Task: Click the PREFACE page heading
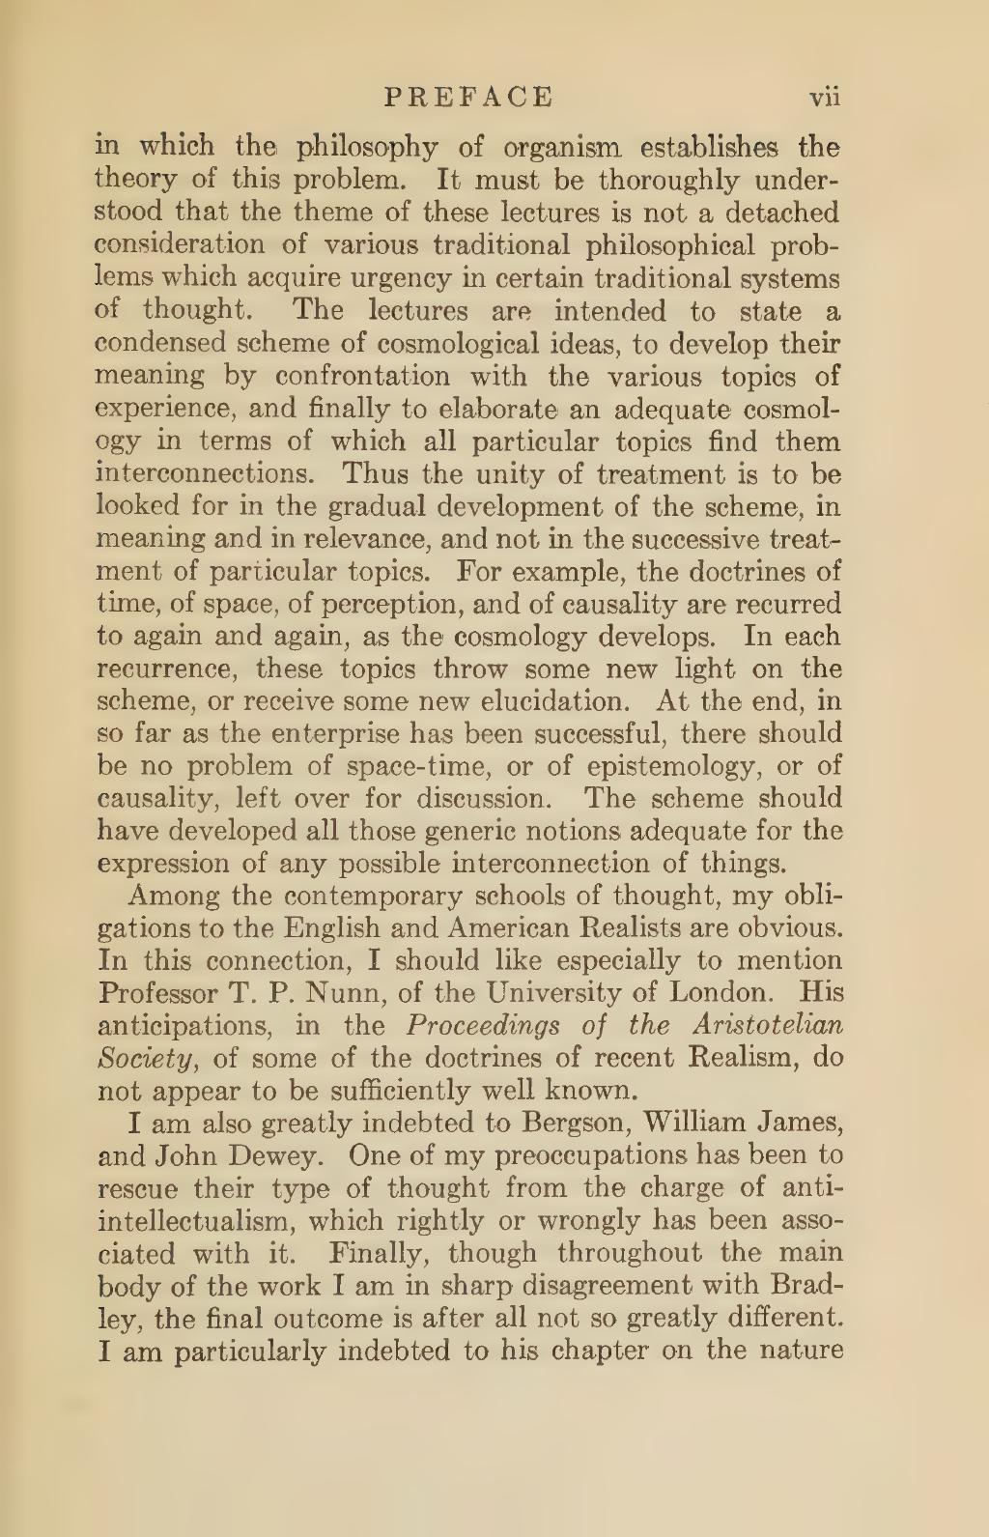pyautogui.click(x=469, y=96)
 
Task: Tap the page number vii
pyautogui.click(x=827, y=97)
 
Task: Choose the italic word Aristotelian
pyautogui.click(x=772, y=1027)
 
